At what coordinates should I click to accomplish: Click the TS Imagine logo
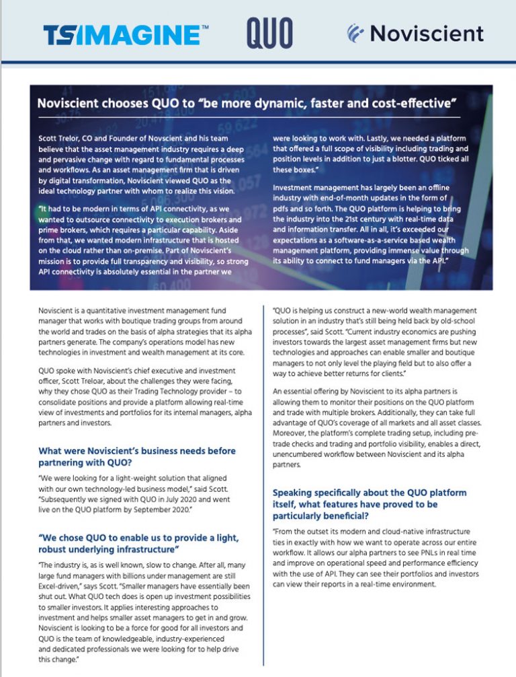[x=126, y=34]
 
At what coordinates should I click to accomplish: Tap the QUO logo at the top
[x=269, y=33]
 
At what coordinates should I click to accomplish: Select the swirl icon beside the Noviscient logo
[x=357, y=32]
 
